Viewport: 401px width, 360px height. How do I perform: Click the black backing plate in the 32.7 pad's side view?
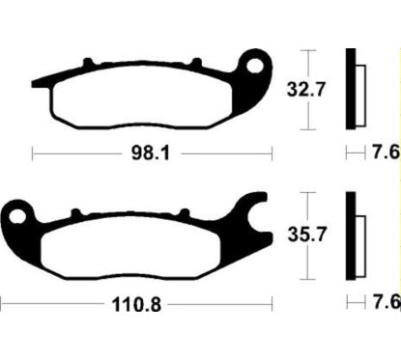click(x=352, y=88)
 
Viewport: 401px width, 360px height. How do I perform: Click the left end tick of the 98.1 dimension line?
click(x=34, y=152)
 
